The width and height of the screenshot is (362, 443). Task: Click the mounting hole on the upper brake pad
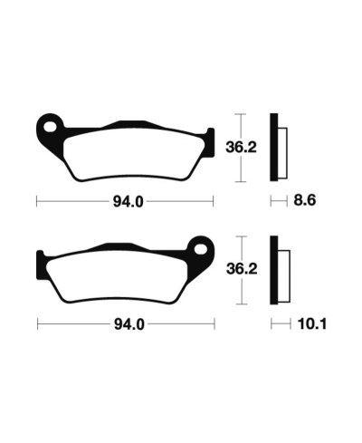[52, 125]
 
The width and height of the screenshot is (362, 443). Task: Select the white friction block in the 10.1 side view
[282, 271]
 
